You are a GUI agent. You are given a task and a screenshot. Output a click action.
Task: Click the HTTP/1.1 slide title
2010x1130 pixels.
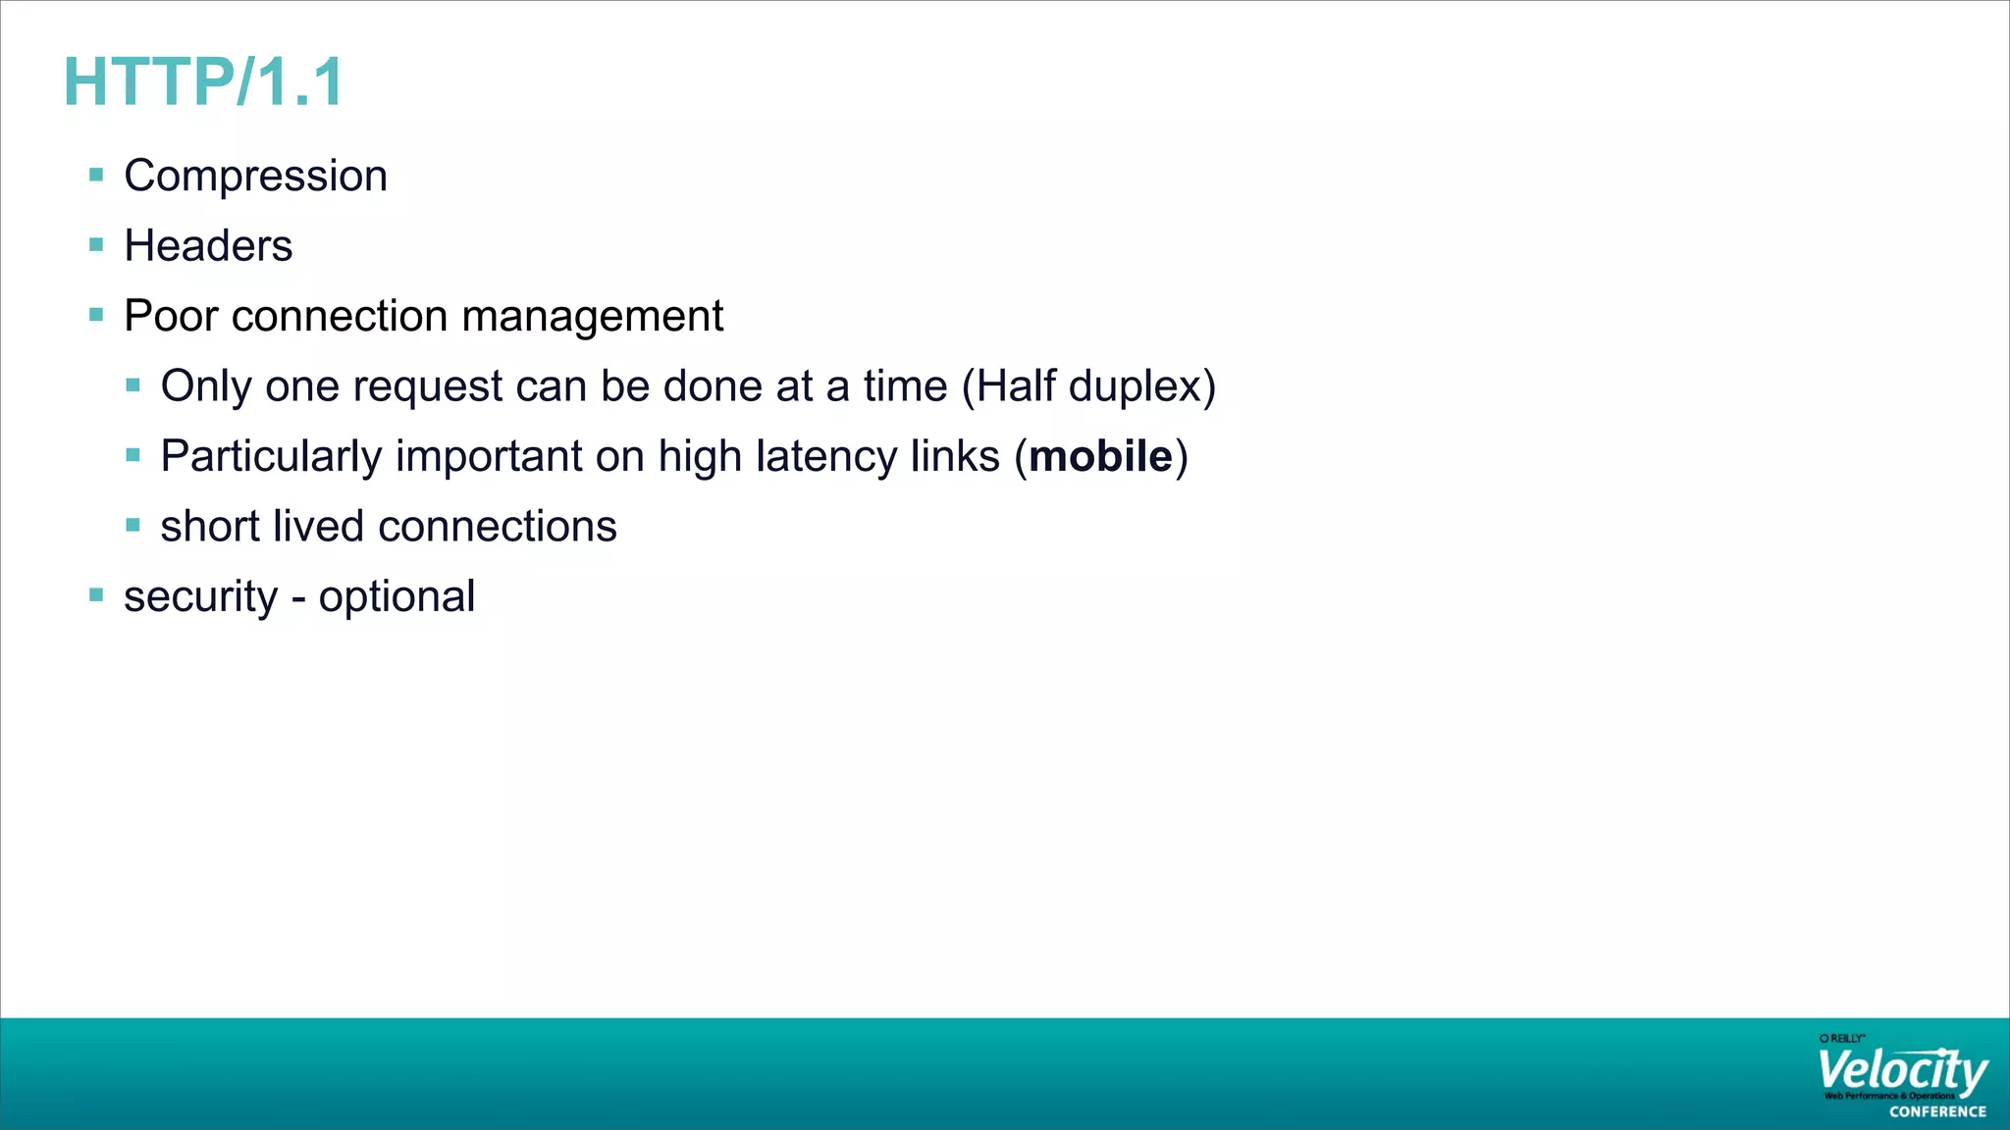coord(203,82)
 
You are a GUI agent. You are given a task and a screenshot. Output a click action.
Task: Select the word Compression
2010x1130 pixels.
coord(255,177)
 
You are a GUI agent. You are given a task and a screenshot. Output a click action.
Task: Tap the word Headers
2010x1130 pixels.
coord(208,246)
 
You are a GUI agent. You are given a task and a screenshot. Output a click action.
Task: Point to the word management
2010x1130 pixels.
coord(592,317)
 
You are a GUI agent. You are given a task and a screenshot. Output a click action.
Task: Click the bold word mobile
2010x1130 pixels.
coord(1100,456)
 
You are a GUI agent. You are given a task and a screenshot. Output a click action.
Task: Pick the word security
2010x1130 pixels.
coord(200,597)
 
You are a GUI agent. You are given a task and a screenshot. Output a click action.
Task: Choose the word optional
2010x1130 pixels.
coord(397,597)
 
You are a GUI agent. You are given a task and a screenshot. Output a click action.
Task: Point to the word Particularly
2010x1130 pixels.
coord(271,457)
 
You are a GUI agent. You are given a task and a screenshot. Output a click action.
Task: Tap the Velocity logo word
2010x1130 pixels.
coord(1901,1071)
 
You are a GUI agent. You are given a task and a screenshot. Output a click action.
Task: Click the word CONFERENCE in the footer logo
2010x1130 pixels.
coord(1937,1112)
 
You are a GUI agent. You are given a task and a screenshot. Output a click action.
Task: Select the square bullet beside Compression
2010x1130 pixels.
coord(96,176)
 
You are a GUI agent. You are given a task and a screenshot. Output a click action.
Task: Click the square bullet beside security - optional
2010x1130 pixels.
coord(96,594)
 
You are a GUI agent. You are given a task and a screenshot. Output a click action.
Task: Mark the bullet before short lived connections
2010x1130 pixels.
coord(133,525)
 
